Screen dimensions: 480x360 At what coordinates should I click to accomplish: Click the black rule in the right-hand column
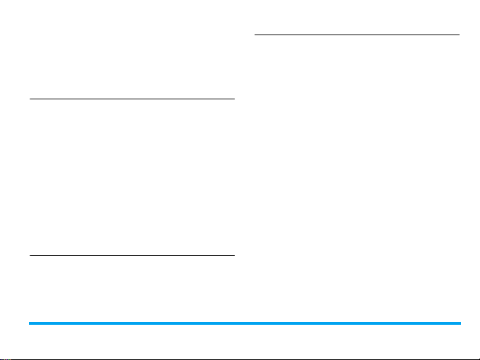click(357, 35)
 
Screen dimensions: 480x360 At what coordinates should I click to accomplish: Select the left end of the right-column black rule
click(254, 35)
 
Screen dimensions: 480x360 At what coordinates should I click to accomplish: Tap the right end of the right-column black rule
click(459, 35)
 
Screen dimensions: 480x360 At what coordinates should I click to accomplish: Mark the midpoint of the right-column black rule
click(357, 35)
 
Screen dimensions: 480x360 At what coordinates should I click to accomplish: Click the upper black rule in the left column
click(132, 99)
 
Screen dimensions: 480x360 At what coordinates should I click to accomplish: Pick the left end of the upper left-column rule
click(30, 99)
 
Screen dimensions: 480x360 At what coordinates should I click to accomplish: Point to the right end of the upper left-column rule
click(233, 99)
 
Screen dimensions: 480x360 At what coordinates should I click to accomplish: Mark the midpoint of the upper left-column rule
click(132, 99)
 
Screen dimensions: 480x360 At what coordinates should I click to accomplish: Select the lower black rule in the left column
click(132, 255)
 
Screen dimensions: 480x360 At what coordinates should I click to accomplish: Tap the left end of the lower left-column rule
click(30, 255)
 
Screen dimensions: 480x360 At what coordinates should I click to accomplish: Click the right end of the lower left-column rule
click(233, 255)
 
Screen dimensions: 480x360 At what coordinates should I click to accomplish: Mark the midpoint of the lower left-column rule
click(132, 255)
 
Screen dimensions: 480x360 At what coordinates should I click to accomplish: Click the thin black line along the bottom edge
click(240, 358)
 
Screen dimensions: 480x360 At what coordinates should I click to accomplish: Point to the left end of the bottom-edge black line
click(1, 358)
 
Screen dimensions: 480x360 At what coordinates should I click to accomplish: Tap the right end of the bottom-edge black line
click(479, 358)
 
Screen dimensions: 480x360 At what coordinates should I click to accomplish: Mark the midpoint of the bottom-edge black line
click(240, 358)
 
